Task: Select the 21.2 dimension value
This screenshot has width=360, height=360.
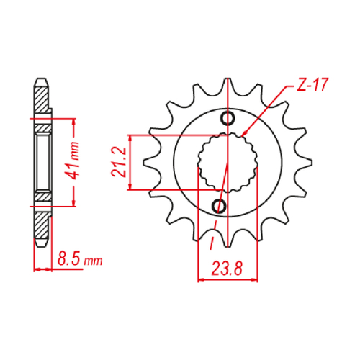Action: click(120, 163)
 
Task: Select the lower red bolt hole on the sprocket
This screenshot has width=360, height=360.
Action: click(220, 207)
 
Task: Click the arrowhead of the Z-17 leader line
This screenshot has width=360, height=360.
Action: click(245, 135)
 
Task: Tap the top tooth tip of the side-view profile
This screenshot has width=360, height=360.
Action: click(42, 81)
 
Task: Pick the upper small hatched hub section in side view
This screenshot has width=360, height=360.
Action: click(42, 128)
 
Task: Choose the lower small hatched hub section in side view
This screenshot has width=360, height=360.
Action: click(42, 195)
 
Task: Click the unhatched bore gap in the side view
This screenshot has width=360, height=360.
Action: click(42, 162)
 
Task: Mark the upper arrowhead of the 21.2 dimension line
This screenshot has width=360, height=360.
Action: click(130, 138)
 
